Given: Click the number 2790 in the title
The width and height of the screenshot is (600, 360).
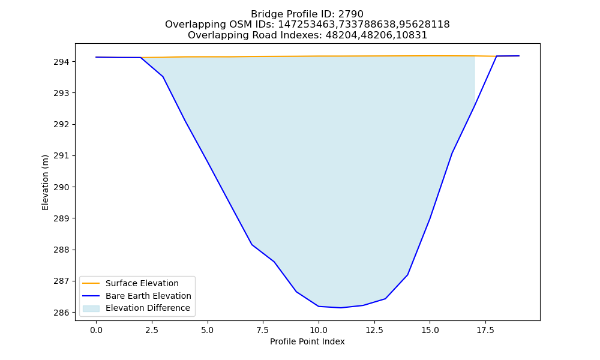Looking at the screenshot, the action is point(350,14).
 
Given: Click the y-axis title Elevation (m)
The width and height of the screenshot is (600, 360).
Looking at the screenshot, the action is point(45,182).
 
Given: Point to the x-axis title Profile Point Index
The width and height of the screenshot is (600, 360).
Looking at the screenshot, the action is point(307,341).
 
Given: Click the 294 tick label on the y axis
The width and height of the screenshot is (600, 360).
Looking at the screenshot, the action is point(62,62).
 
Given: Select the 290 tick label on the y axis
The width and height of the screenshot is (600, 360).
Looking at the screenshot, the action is point(62,187).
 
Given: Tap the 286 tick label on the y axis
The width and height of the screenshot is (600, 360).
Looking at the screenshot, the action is point(62,313).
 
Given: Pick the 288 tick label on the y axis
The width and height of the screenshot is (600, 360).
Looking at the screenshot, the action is point(62,250).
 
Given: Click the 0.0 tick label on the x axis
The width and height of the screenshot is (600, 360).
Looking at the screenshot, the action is point(96,330).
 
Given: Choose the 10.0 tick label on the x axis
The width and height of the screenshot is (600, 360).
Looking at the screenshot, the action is point(319,330).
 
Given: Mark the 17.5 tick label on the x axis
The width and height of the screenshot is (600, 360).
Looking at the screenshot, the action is point(485,330).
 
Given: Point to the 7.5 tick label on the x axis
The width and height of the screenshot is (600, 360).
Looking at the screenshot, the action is point(263,330).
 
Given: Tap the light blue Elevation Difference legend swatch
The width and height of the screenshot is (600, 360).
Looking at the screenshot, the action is point(91,308).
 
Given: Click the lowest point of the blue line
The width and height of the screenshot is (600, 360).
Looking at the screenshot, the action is point(341,308).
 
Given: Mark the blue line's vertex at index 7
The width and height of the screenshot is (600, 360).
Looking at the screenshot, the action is point(252,244).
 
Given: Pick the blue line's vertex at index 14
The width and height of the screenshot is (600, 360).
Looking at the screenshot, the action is point(407,275).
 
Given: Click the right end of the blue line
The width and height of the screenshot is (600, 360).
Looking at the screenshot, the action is point(519,56).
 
